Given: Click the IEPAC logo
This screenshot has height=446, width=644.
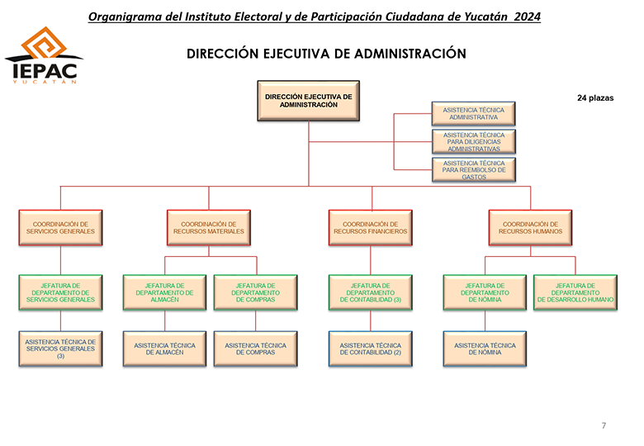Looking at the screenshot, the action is (44, 55).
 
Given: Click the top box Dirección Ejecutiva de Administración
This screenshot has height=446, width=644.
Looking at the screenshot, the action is (309, 101).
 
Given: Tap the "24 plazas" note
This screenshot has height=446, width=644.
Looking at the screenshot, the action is (595, 97).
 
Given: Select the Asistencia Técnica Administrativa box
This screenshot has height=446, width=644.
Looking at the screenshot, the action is (473, 113).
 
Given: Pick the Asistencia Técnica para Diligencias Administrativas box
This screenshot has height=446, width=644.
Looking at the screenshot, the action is (474, 142).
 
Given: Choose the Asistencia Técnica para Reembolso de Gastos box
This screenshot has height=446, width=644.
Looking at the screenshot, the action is (474, 169).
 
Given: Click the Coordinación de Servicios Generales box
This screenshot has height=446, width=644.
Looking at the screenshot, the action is (60, 228).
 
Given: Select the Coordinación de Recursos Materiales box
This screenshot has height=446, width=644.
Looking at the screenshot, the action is (209, 228).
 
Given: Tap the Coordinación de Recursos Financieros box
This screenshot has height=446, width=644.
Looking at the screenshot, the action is (371, 228).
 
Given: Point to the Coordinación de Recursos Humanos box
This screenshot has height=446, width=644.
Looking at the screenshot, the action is (530, 228).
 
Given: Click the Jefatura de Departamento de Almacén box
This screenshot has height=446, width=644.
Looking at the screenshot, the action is (164, 292).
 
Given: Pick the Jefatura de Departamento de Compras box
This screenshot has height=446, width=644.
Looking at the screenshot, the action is (255, 292).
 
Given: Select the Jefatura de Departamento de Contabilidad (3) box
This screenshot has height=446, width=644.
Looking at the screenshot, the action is (371, 292).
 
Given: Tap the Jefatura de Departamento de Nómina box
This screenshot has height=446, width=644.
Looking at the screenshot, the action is (485, 292).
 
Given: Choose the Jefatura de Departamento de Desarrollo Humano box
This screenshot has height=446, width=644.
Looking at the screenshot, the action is (575, 292).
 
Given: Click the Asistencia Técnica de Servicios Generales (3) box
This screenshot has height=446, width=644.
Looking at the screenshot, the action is (60, 349).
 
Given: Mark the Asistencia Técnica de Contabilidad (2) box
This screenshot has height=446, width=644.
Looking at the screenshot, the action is (371, 349).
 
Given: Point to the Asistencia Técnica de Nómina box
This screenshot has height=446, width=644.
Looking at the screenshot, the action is (485, 349).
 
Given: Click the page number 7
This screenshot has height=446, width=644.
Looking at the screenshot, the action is (604, 425).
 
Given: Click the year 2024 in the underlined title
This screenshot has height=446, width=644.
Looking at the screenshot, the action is (528, 17).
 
